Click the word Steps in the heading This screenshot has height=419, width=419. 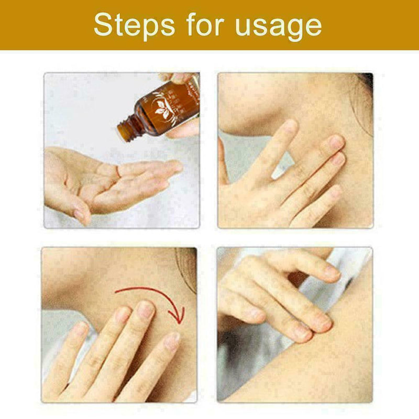pyautogui.click(x=135, y=25)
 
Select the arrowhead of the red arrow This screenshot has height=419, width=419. pyautogui.click(x=179, y=316)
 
